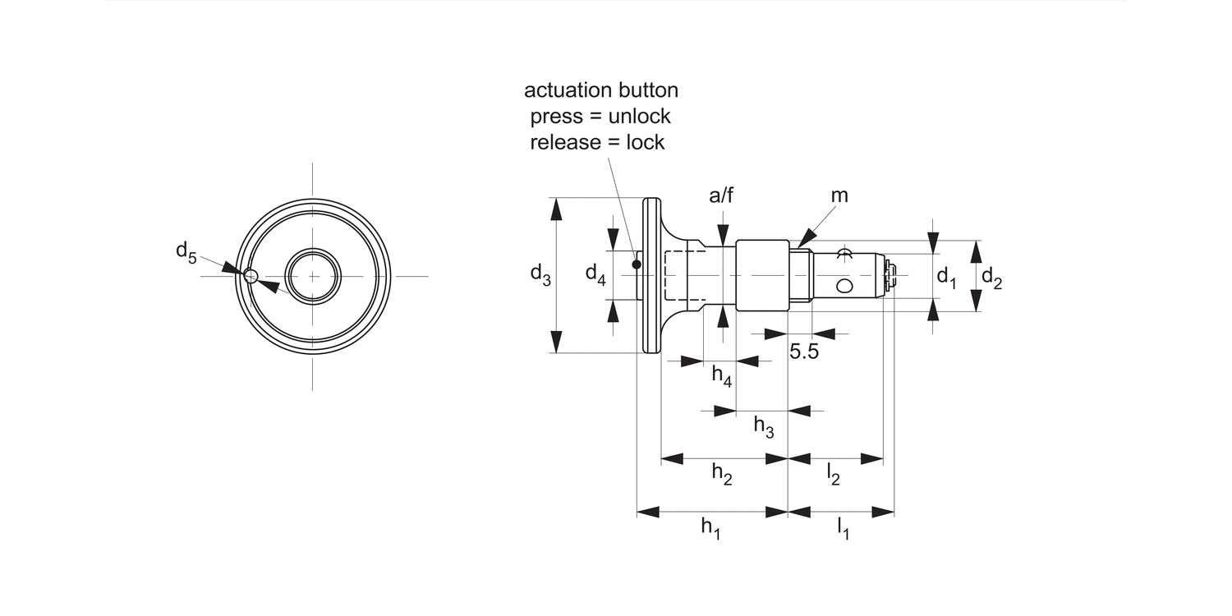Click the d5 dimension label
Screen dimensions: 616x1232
pos(186,252)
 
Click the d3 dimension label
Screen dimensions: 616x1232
pos(540,274)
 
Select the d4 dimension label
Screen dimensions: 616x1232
pos(595,274)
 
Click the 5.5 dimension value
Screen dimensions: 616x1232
pos(804,352)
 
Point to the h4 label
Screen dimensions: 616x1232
pos(721,377)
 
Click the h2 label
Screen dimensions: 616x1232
pos(721,475)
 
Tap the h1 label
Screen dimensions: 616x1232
pos(710,528)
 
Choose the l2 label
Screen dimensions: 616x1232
pos(833,475)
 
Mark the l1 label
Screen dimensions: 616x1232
pos(843,528)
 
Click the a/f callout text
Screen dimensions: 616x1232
pos(721,195)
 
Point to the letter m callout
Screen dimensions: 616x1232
pos(839,195)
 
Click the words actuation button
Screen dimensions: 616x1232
pos(601,90)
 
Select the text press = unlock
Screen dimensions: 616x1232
pos(600,116)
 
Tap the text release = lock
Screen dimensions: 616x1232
pos(597,142)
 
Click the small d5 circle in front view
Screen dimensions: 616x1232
pos(251,275)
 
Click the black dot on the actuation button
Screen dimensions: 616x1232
pos(637,264)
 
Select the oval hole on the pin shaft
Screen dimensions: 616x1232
pos(844,286)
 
